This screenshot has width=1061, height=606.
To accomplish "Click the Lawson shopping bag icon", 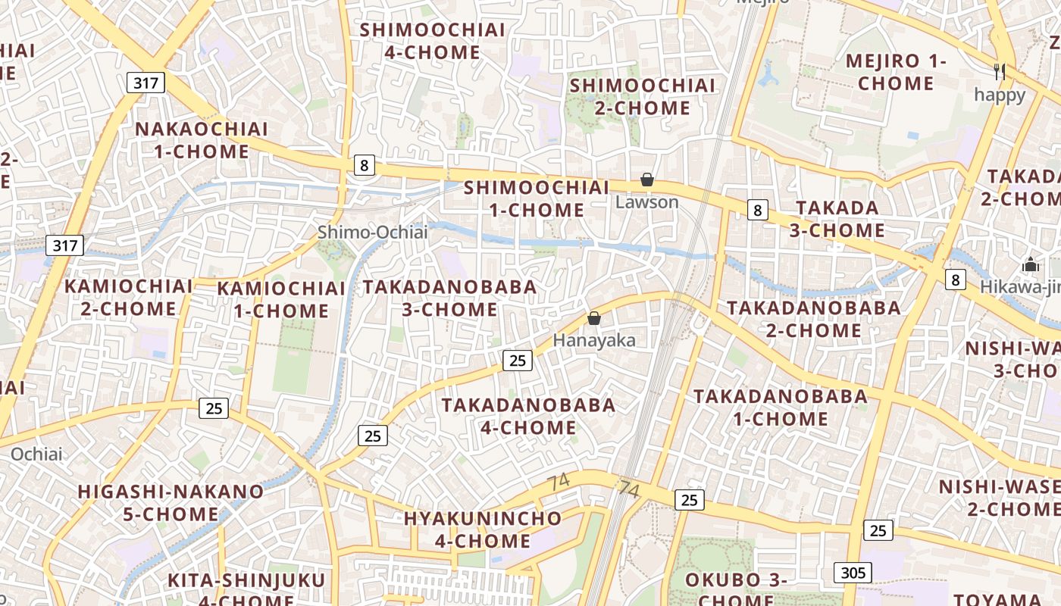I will pyautogui.click(x=647, y=180).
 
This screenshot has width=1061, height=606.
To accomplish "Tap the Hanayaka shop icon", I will pyautogui.click(x=594, y=318).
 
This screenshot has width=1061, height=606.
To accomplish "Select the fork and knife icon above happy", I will pyautogui.click(x=1000, y=72).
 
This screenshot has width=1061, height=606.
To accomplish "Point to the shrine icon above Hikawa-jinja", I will pyautogui.click(x=1031, y=264).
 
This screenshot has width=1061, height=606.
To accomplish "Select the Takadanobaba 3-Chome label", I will pyautogui.click(x=449, y=298).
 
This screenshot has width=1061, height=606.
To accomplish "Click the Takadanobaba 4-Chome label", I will pyautogui.click(x=528, y=416).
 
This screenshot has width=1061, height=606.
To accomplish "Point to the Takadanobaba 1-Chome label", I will pyautogui.click(x=781, y=407).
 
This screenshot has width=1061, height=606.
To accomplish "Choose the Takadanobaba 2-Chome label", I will pyautogui.click(x=814, y=319).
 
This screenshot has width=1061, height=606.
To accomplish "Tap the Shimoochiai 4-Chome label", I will pyautogui.click(x=432, y=41).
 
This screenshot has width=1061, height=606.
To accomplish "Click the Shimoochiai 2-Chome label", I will pyautogui.click(x=642, y=96).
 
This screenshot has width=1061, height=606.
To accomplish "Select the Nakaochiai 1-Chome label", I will pyautogui.click(x=202, y=140).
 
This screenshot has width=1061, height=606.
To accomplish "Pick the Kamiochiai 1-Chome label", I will pyautogui.click(x=281, y=299).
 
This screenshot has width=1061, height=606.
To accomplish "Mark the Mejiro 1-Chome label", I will pyautogui.click(x=896, y=71).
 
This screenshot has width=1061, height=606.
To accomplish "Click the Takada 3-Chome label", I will pyautogui.click(x=837, y=219).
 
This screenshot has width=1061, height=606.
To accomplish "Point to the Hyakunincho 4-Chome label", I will pyautogui.click(x=483, y=529).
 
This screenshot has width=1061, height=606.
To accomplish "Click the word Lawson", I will pyautogui.click(x=646, y=202).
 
